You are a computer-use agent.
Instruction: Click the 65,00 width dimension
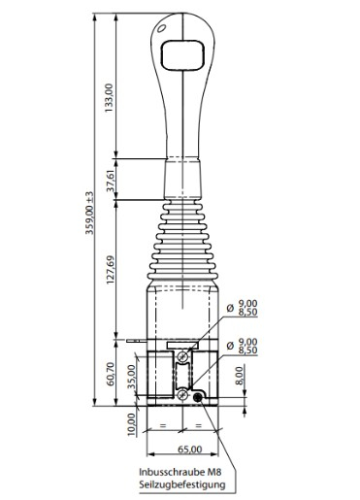(x=190, y=450)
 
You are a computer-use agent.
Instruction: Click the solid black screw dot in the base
(x=198, y=396)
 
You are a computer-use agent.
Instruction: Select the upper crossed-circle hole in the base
(x=181, y=358)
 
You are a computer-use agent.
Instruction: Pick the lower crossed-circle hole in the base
(x=181, y=394)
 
